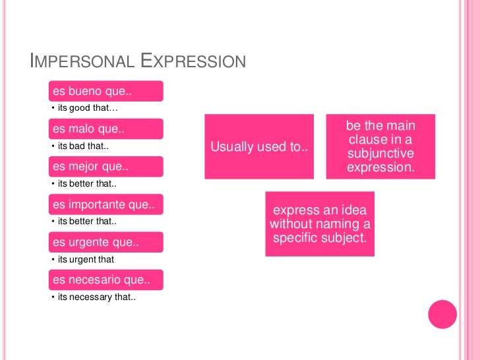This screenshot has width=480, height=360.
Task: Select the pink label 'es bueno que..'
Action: pos(105,91)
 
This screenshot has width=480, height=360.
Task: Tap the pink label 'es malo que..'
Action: pos(105,129)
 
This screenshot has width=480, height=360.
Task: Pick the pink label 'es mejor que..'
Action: pos(105,166)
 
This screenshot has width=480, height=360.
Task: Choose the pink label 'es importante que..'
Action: pos(105,204)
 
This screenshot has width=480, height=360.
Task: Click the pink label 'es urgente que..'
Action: pos(105,243)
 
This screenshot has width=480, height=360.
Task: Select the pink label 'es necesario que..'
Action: pos(105,280)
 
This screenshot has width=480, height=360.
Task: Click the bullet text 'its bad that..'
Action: pos(82,146)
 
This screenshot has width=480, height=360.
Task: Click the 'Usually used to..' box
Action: pos(259,147)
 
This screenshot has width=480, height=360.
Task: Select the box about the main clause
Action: pos(380,146)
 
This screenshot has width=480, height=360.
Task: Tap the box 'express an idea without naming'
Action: pos(320,224)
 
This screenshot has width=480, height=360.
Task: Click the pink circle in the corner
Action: pos(442,314)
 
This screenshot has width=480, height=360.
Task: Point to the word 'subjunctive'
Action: pos(380,154)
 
